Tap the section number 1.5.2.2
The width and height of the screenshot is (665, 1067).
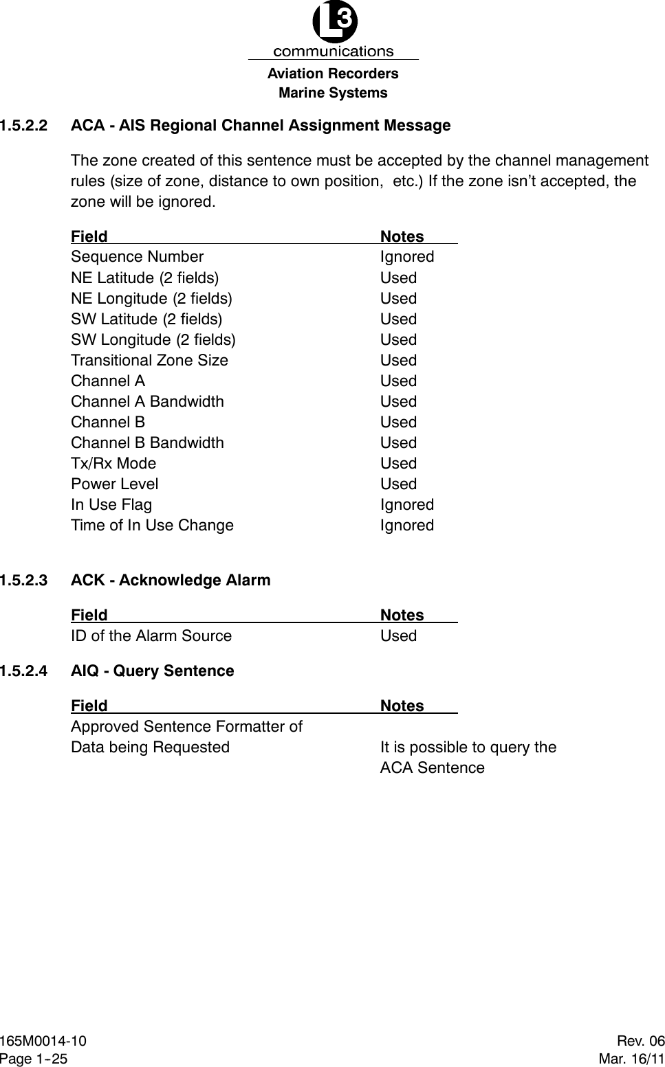point(24,126)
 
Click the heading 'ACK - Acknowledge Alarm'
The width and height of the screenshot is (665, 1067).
point(171,581)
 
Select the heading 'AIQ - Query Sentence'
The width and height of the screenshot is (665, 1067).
point(152,671)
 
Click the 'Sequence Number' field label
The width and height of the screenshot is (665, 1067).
point(137,257)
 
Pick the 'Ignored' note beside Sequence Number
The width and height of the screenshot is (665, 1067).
point(407,257)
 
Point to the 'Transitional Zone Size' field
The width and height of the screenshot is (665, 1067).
point(149,361)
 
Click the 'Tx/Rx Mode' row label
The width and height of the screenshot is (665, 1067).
point(113,464)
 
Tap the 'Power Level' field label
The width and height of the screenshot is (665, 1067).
point(114,484)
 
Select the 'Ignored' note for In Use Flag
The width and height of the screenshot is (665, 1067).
point(407,505)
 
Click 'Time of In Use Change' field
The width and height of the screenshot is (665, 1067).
point(152,526)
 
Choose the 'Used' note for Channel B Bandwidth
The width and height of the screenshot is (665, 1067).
point(398,443)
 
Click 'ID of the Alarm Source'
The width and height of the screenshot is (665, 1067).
point(151,636)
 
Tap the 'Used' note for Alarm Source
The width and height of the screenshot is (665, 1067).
point(398,636)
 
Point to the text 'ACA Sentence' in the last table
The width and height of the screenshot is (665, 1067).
point(432,768)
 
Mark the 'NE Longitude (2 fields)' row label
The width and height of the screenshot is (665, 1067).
point(151,299)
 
